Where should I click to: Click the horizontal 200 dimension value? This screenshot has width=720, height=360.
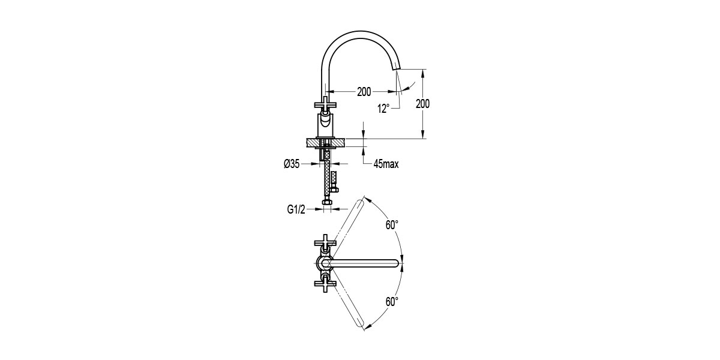click(364, 92)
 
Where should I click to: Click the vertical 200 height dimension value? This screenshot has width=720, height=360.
click(422, 104)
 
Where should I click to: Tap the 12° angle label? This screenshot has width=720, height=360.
click(383, 109)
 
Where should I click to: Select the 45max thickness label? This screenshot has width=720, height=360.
click(386, 164)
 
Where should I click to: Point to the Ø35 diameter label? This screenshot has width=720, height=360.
click(292, 164)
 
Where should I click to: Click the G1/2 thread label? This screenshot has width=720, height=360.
click(296, 210)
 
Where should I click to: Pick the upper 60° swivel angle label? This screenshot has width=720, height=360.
click(392, 225)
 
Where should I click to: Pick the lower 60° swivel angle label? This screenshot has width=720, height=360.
click(392, 301)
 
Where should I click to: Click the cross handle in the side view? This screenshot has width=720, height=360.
click(325, 104)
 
